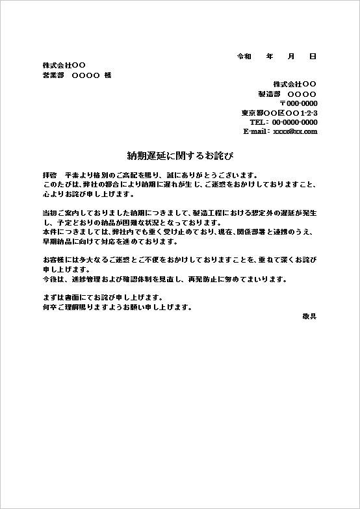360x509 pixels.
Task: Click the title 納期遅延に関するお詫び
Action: (x=179, y=156)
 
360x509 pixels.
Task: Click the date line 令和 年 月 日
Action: (x=277, y=57)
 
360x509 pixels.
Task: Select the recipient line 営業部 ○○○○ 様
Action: (x=77, y=75)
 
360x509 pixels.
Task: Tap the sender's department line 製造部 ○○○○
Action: (x=287, y=94)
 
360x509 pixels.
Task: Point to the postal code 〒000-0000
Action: (x=298, y=103)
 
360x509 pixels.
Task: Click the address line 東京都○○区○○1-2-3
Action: (x=279, y=113)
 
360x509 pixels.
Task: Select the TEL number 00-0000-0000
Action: (x=294, y=122)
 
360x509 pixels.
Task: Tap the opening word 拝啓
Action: (x=49, y=176)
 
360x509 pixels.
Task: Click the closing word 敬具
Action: (x=309, y=316)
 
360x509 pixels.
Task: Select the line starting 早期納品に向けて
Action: (x=109, y=241)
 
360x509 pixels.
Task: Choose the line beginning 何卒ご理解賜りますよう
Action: (x=117, y=307)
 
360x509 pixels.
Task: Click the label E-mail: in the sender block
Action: (x=256, y=131)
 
